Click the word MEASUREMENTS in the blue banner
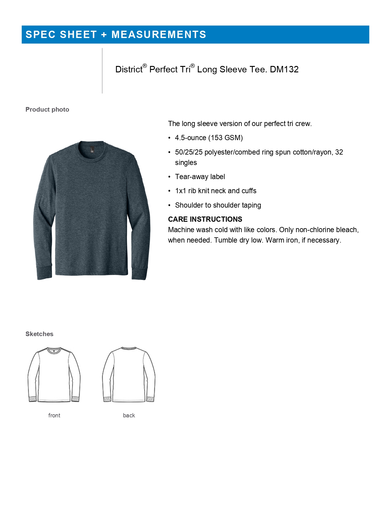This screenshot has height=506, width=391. pyautogui.click(x=159, y=35)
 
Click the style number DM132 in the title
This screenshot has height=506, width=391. pyautogui.click(x=284, y=70)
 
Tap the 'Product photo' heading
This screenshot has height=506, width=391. pyautogui.click(x=47, y=109)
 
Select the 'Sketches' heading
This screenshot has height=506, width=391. pyautogui.click(x=39, y=334)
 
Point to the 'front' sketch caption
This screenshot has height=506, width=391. pyautogui.click(x=54, y=416)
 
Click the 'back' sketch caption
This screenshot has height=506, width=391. pyautogui.click(x=129, y=416)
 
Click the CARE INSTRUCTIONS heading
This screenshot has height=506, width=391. pyautogui.click(x=205, y=219)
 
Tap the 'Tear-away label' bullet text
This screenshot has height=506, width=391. pyautogui.click(x=200, y=177)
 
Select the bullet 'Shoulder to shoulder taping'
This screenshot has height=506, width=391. pyautogui.click(x=218, y=205)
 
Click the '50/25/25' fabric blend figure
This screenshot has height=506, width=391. pyautogui.click(x=189, y=152)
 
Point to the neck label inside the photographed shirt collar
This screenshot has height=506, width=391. pyautogui.click(x=92, y=149)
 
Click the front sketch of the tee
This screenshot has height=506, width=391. pyautogui.click(x=54, y=375)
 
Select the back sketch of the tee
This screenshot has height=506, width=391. pyautogui.click(x=129, y=375)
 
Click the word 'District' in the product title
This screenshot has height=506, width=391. pyautogui.click(x=129, y=70)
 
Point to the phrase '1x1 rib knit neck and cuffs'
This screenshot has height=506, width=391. pyautogui.click(x=216, y=191)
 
